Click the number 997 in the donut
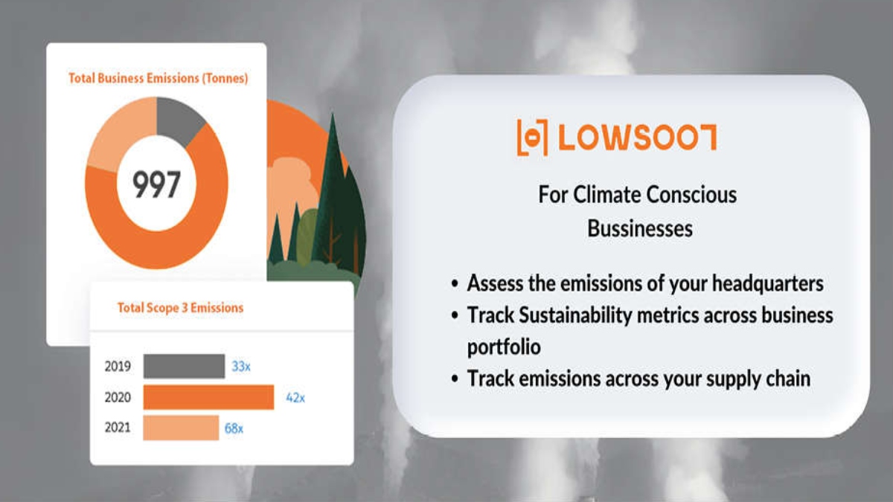157,184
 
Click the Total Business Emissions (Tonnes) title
159,78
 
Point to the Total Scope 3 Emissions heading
180,308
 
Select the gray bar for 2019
185,366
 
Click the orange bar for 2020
209,397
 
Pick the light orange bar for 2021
181,428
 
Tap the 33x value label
241,366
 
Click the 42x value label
295,398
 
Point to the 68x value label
234,428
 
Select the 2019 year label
118,366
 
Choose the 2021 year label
118,428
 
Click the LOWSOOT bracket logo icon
533,138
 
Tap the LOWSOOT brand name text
638,138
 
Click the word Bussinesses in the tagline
640,229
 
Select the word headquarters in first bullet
768,283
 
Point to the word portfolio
504,347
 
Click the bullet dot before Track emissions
455,379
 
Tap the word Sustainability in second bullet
575,315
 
